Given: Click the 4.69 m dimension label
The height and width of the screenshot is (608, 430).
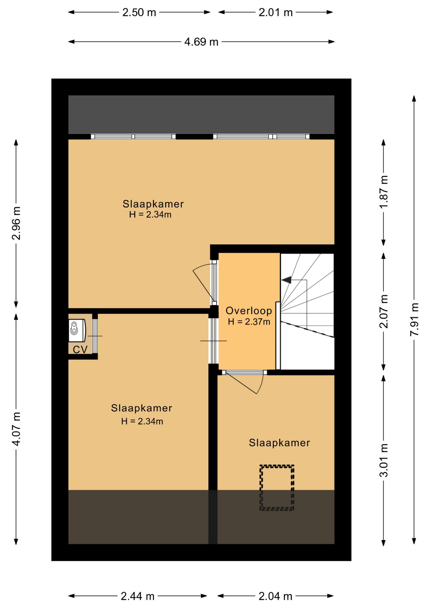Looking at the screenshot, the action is pyautogui.click(x=201, y=41).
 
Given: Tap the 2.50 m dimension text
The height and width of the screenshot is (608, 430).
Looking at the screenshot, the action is pyautogui.click(x=139, y=12).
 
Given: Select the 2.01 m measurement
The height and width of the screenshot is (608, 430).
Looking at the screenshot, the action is pyautogui.click(x=275, y=12).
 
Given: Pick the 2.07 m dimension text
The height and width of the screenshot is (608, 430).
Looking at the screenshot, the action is pyautogui.click(x=384, y=311).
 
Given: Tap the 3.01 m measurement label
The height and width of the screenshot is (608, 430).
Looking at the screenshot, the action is pyautogui.click(x=384, y=460).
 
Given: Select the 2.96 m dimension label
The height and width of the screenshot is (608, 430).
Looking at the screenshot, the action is pyautogui.click(x=16, y=223).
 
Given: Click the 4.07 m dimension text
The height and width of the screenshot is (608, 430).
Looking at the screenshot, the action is pyautogui.click(x=16, y=429).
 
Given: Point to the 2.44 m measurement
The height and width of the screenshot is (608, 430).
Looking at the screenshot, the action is pyautogui.click(x=138, y=597).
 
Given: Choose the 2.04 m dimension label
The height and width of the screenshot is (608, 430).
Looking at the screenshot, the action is pyautogui.click(x=275, y=597).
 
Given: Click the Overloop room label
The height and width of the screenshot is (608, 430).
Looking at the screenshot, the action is pyautogui.click(x=249, y=311).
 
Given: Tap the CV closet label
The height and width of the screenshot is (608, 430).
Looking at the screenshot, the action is pyautogui.click(x=80, y=350).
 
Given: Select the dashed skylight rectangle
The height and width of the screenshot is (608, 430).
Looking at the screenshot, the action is pyautogui.click(x=277, y=488).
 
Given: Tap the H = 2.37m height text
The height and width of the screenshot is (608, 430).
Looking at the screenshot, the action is pyautogui.click(x=249, y=322).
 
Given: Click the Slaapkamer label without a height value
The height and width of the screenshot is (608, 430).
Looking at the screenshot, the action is pyautogui.click(x=279, y=443).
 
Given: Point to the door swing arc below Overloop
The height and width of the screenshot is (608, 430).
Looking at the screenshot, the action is pyautogui.click(x=260, y=383).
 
